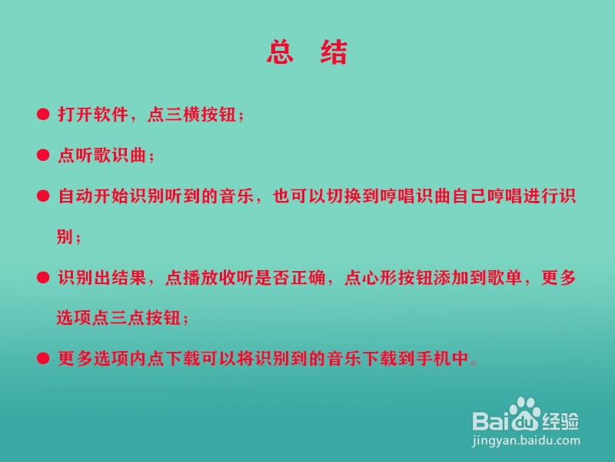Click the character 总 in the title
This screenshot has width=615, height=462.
tap(280, 52)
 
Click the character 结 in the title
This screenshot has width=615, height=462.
tap(334, 52)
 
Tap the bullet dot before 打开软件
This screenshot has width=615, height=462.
tap(43, 114)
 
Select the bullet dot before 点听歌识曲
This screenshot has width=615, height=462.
tap(43, 156)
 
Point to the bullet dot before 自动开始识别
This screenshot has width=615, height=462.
tap(43, 196)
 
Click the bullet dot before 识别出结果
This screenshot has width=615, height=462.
tap(43, 277)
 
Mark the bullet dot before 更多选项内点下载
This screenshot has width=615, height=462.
tap(43, 358)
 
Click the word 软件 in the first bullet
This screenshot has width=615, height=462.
tap(111, 114)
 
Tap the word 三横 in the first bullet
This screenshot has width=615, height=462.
tap(183, 114)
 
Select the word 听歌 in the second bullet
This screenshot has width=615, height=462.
tap(93, 156)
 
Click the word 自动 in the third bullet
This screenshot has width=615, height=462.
tap(75, 196)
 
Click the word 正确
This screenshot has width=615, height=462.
tap(308, 277)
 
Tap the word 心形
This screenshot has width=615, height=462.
tap(380, 277)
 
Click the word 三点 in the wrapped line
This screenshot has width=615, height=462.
tap(128, 317)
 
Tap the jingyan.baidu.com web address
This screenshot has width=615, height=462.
tap(526, 440)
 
